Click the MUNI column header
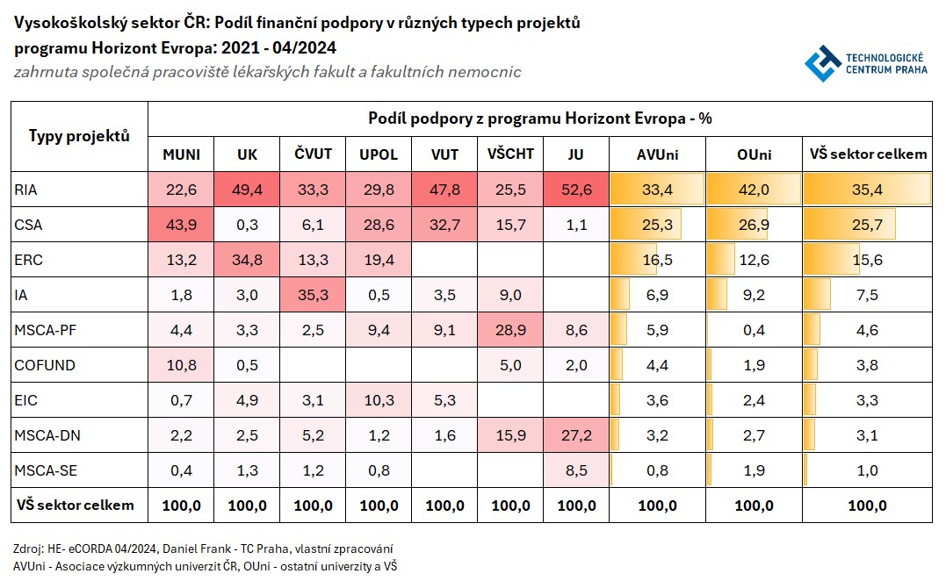coord(182,154)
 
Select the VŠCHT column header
coord(510,154)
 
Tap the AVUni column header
coord(657,154)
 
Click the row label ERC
coord(28,261)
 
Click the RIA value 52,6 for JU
coord(576,190)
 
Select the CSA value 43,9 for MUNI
coord(182,226)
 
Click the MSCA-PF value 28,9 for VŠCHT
coord(510,330)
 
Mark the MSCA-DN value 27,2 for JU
coord(576,435)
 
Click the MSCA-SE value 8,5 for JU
coord(576,470)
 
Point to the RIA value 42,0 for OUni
coord(754,190)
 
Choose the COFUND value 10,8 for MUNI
coord(182,365)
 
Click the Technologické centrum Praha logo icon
coord(822,64)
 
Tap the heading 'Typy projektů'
coord(79,136)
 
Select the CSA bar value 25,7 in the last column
coord(867,226)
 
